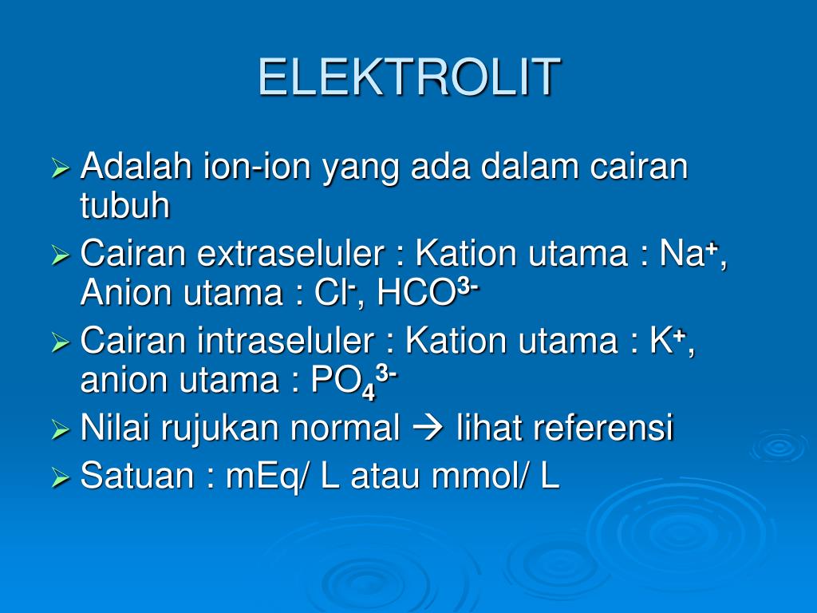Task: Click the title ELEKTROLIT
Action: [408, 77]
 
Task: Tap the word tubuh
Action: [125, 207]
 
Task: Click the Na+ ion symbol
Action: [691, 255]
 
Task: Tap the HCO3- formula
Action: [428, 294]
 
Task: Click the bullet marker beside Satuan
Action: [61, 478]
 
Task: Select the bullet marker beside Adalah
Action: [61, 168]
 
